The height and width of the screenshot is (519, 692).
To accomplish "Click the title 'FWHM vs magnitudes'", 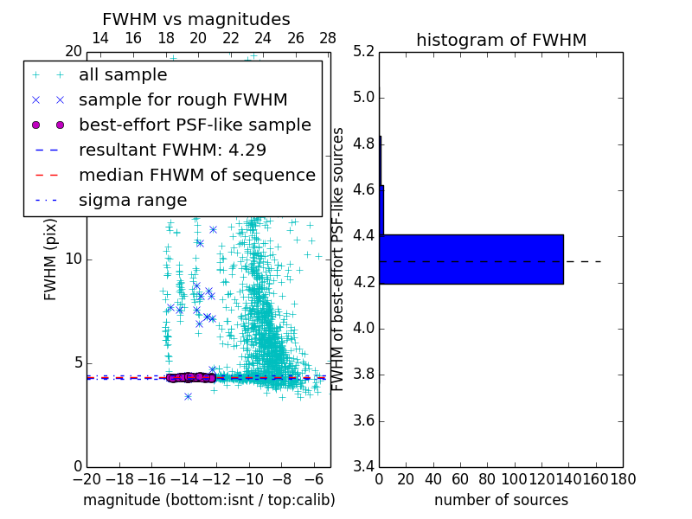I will [x=196, y=20].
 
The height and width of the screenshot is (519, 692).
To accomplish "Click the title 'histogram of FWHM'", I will [x=501, y=40].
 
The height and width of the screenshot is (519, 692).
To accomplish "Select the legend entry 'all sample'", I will [x=123, y=75].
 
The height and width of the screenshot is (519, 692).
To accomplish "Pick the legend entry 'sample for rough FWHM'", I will [x=183, y=100].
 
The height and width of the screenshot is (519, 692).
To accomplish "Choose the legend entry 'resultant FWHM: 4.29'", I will [x=172, y=151].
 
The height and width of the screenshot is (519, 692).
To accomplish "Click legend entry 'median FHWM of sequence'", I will [x=196, y=176].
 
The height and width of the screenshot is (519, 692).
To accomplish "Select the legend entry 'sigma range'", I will [x=132, y=201].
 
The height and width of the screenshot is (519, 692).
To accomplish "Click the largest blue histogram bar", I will [x=471, y=259].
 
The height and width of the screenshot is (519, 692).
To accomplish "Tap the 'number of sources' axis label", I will [x=501, y=500].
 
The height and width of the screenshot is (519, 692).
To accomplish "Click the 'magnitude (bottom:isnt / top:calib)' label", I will [x=208, y=500].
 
